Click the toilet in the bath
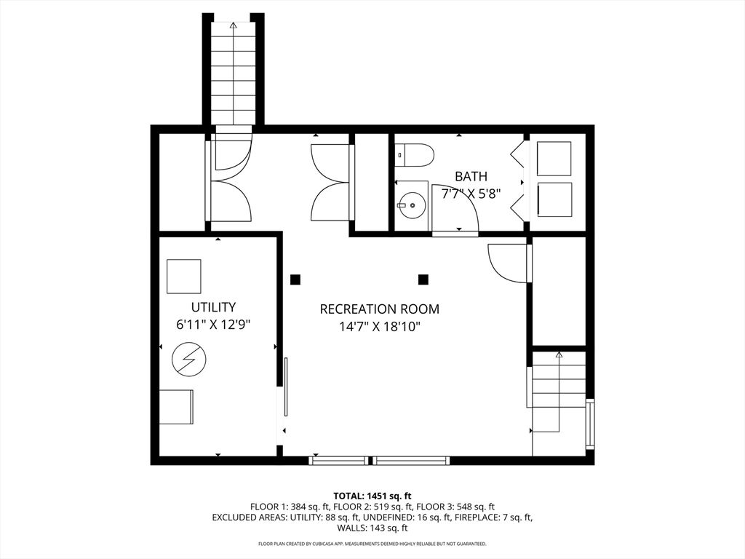click(x=415, y=156)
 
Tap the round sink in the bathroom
click(x=413, y=205)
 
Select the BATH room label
click(x=471, y=176)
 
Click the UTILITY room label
click(x=213, y=306)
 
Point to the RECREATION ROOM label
click(x=379, y=309)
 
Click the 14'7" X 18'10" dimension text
click(x=380, y=327)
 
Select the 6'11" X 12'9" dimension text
click(x=213, y=325)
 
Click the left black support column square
click(x=295, y=279)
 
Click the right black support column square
click(x=423, y=279)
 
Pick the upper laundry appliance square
click(x=554, y=159)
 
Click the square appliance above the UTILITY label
click(x=184, y=276)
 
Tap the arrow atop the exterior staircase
click(x=233, y=25)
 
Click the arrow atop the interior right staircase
click(x=559, y=354)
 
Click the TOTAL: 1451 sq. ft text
click(x=372, y=496)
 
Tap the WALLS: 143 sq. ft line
click(x=372, y=528)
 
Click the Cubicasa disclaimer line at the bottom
click(x=372, y=543)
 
